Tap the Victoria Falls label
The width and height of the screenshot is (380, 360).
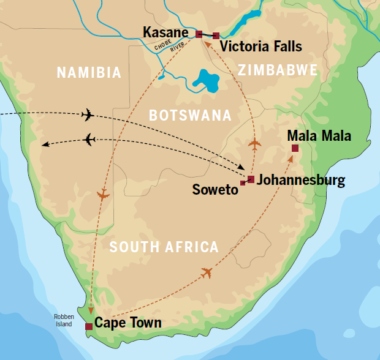[x=260, y=47]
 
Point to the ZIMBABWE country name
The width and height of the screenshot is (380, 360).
[x=278, y=70]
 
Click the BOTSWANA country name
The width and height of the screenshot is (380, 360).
[x=190, y=115]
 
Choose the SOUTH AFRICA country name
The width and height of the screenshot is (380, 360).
[x=163, y=247]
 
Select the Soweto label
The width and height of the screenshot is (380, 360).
[x=214, y=190]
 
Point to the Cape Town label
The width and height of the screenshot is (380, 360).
[x=129, y=323]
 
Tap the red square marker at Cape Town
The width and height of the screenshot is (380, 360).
[x=89, y=327]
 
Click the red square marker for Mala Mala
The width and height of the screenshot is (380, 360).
[x=295, y=148]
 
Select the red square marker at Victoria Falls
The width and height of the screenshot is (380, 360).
[x=216, y=36]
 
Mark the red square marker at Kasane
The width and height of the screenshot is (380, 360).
[x=199, y=34]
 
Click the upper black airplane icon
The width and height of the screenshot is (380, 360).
[x=88, y=114]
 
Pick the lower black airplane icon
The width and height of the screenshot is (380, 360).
[x=89, y=140]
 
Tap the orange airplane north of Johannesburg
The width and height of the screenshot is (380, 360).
[x=254, y=144]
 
